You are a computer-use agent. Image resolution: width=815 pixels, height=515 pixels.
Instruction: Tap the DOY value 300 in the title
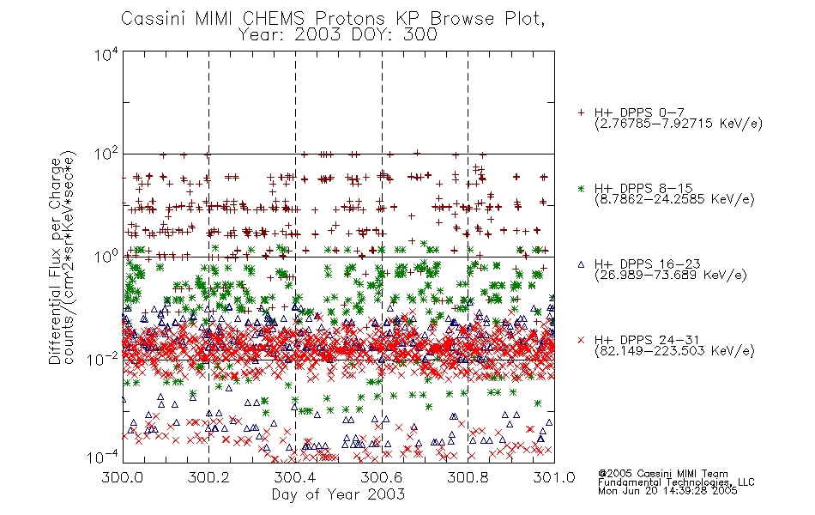click(420, 35)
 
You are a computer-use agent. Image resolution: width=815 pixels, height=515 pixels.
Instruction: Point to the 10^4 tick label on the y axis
click(106, 55)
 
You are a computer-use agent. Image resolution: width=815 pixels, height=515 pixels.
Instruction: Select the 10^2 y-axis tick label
click(106, 154)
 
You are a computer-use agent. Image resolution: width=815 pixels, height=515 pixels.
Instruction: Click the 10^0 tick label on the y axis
click(106, 257)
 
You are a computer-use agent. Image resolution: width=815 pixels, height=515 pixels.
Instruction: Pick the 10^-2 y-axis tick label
click(104, 359)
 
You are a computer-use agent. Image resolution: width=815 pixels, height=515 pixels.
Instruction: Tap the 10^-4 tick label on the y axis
click(104, 457)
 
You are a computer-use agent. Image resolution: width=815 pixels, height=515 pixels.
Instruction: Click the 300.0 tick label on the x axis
click(123, 477)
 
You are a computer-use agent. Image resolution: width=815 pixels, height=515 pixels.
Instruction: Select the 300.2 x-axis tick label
click(209, 477)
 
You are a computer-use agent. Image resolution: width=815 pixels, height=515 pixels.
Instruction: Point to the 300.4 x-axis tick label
click(295, 477)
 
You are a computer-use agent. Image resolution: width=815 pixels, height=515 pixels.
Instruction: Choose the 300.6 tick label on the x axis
click(382, 477)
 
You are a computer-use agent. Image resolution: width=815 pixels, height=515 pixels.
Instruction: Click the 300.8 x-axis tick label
click(468, 477)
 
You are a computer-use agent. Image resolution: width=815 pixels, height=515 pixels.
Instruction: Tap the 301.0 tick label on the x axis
click(554, 477)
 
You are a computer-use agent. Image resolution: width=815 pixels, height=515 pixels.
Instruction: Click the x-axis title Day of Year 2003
click(338, 494)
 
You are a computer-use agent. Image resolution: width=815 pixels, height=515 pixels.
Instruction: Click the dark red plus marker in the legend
click(581, 112)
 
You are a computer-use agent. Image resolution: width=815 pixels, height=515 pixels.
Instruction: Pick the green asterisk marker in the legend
click(581, 189)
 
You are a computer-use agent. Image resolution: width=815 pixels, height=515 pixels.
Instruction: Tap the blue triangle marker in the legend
click(581, 264)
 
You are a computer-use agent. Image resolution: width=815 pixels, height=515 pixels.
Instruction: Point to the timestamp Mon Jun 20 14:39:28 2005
click(667, 491)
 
